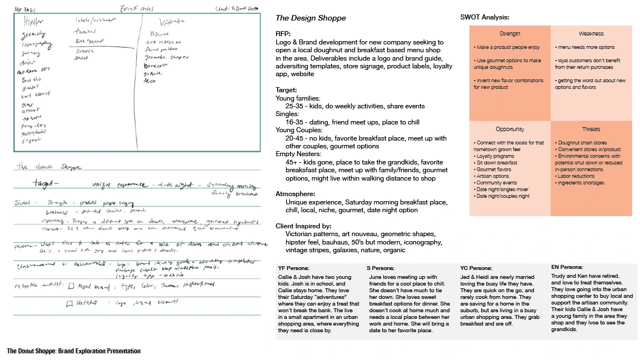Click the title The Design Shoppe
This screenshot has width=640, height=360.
[311, 18]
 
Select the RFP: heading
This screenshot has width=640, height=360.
[283, 34]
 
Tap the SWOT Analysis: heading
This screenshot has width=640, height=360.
[484, 17]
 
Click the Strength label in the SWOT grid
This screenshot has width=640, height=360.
[510, 34]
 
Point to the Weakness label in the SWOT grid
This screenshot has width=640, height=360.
[591, 34]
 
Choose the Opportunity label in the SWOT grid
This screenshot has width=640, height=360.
[510, 129]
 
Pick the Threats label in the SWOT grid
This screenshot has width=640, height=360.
[591, 129]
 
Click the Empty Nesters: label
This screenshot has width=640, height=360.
[298, 154]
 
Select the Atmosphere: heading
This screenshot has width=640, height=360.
[296, 194]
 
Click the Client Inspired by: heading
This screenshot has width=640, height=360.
[303, 226]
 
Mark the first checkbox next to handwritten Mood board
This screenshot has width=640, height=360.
[71, 287]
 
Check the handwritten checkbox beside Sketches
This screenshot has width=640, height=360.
[70, 303]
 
